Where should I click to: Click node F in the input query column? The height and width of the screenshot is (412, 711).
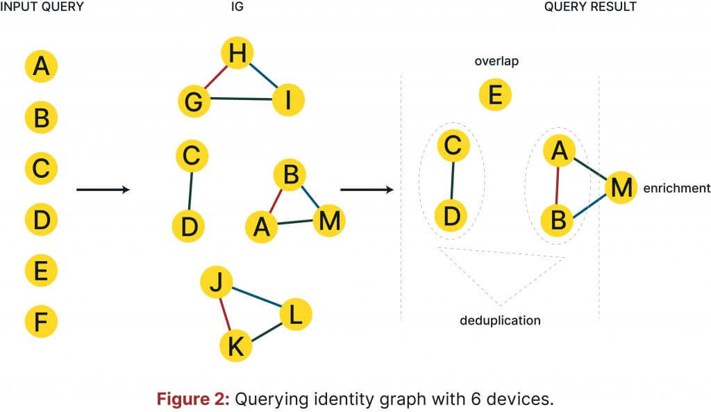point(41,322)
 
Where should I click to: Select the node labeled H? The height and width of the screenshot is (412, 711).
point(237,54)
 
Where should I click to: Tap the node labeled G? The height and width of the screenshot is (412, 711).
point(194,102)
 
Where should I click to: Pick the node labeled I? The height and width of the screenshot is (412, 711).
point(287,101)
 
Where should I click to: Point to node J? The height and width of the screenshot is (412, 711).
point(215,283)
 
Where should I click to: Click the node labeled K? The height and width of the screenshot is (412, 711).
point(236,346)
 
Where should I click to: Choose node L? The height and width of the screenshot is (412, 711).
point(296,315)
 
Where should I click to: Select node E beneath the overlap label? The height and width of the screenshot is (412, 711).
point(495,94)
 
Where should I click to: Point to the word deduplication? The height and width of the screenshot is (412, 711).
point(500,320)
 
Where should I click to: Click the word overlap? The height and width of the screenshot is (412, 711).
point(496,61)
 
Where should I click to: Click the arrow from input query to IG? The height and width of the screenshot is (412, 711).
point(102,189)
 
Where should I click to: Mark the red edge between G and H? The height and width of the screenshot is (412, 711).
point(216,78)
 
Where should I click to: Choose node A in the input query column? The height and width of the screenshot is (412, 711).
point(41,67)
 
